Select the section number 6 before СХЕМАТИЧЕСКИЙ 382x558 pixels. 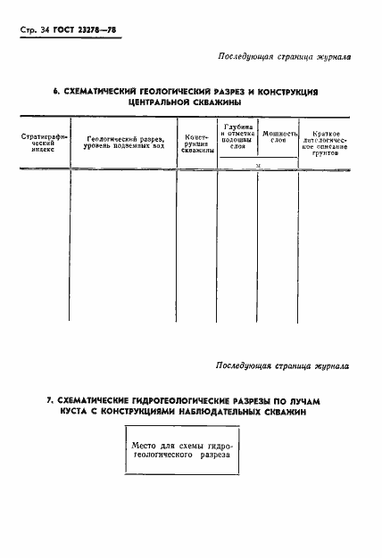(55, 91)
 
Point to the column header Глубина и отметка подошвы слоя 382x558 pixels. (237, 137)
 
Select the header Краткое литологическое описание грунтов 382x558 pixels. (325, 143)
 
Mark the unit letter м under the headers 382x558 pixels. (258, 166)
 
